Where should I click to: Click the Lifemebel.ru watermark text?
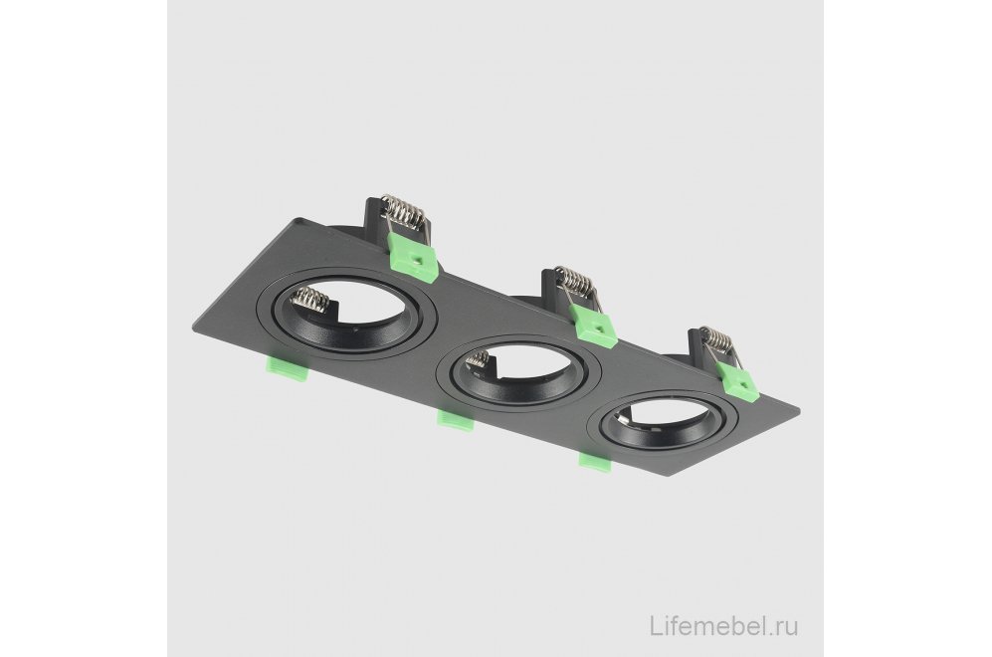[x=723, y=379]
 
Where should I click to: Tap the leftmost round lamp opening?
[x=345, y=314]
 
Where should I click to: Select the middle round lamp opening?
[x=518, y=373]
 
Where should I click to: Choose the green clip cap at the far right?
[x=736, y=382]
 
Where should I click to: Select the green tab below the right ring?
[x=596, y=462]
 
